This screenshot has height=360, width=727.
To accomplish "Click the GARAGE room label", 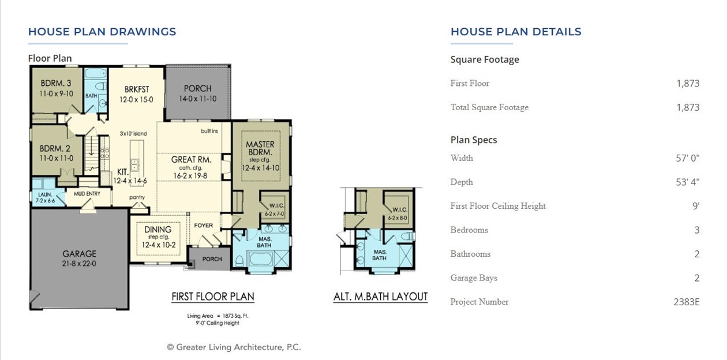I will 80,254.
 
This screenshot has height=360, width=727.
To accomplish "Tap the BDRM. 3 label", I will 56,83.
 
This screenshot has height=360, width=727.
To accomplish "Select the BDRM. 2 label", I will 56,148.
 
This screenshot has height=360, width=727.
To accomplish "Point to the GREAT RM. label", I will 191,159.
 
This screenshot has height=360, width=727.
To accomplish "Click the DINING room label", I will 158,230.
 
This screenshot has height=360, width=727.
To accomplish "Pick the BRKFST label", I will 137,89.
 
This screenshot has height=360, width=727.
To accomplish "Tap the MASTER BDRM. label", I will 260,148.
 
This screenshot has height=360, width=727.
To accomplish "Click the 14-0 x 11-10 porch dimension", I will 197,99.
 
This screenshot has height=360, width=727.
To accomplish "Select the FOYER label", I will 203,226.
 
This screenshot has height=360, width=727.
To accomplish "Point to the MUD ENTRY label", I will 87,194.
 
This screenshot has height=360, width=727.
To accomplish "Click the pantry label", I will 137,197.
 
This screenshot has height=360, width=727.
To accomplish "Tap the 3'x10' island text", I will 133,134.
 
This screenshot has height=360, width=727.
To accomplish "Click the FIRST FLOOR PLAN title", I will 212,297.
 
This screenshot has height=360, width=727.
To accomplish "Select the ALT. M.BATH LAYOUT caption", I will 380,297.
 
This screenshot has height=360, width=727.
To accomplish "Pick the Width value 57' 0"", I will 688,158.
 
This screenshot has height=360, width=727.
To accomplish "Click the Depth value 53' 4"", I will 688,182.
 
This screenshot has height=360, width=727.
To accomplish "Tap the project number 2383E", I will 686,302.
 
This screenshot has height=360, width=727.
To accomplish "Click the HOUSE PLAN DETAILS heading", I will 516,32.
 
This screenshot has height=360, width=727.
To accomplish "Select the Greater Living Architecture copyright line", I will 234,347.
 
